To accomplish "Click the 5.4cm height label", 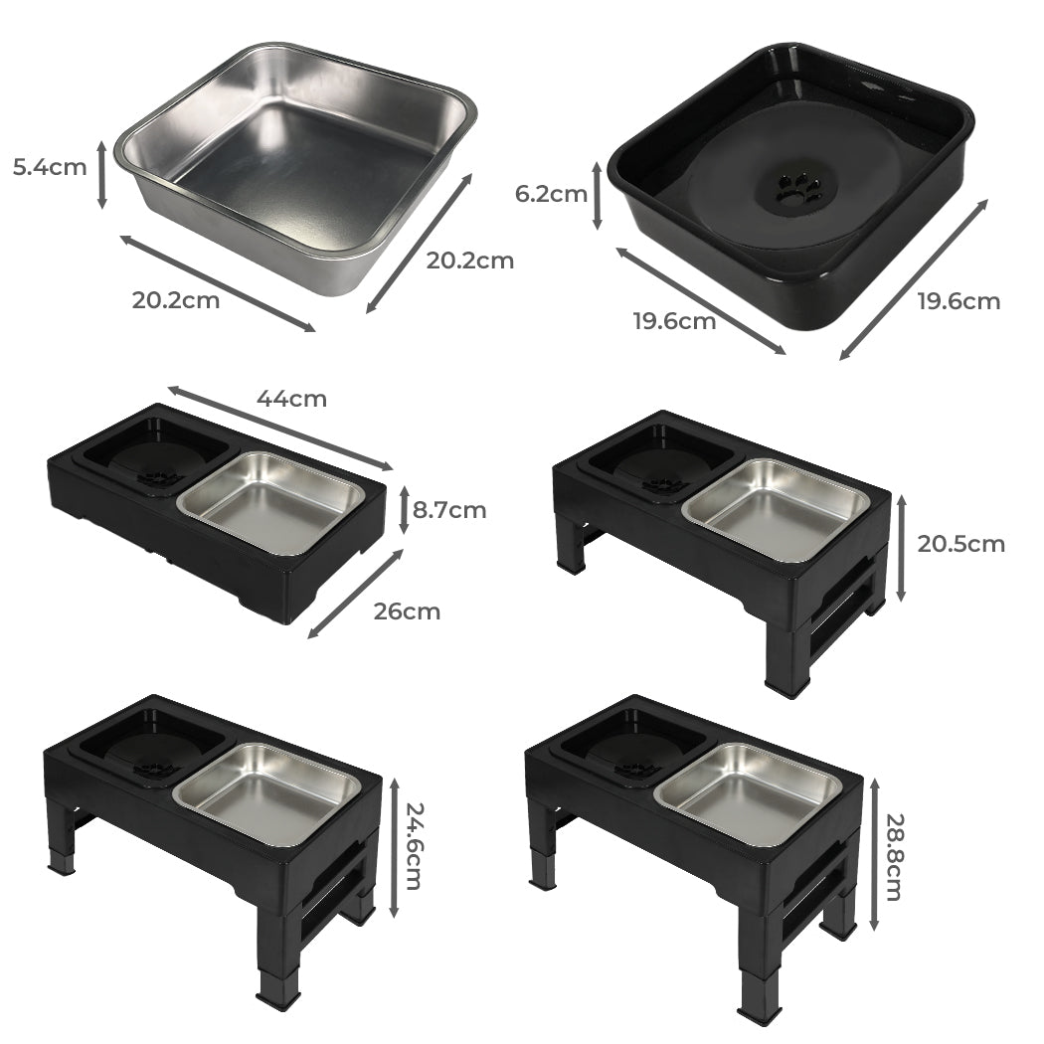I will (50, 166).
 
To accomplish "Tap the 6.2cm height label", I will (551, 194).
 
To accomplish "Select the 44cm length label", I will (291, 399).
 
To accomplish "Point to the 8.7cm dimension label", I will (449, 510).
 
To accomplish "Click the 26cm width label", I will (407, 610).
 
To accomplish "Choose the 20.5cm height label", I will (960, 544).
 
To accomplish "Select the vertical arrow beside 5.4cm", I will (101, 174).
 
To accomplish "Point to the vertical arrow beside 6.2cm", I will (597, 196).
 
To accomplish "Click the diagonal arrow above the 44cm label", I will (281, 427).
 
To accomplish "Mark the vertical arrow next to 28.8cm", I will (874, 853).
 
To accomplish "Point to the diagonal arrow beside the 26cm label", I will (356, 594).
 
